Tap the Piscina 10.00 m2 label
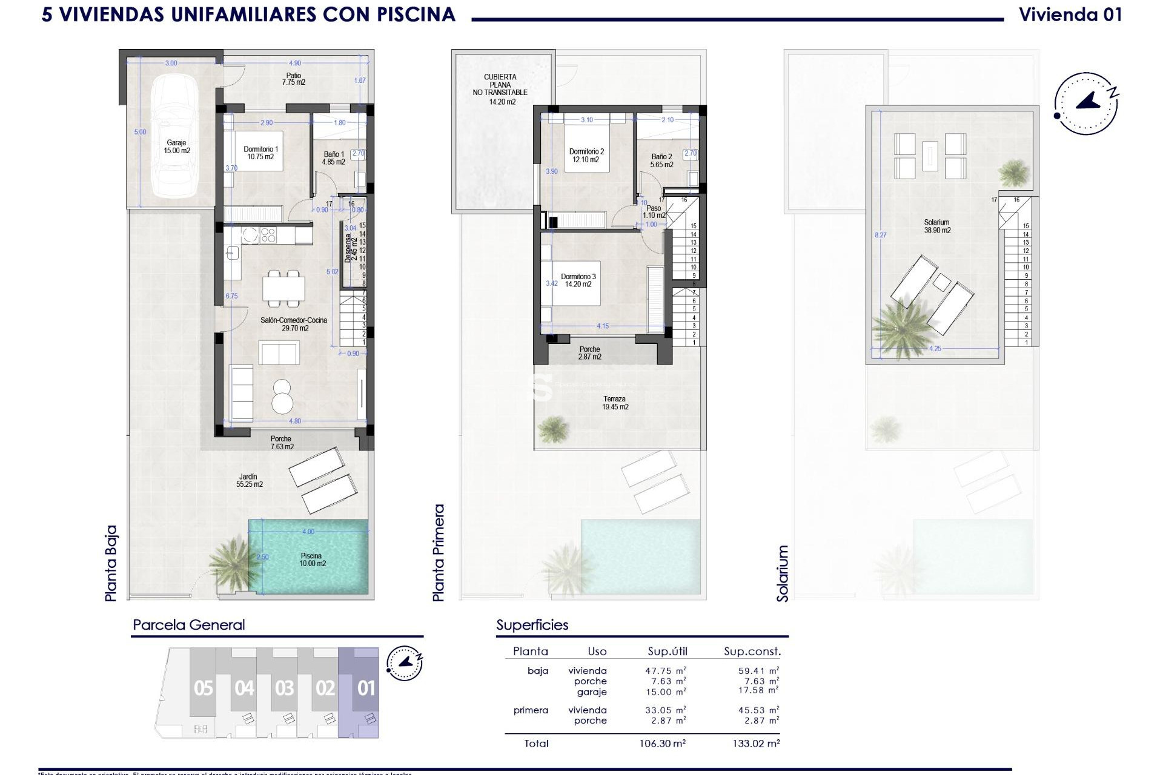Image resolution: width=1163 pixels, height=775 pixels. click(311, 559)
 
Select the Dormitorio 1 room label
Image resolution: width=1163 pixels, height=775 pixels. click(260, 153)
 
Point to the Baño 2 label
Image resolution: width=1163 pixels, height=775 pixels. click(661, 160)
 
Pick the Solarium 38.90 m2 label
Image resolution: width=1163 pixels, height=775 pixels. click(936, 226)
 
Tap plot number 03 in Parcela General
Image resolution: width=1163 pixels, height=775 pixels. click(284, 688)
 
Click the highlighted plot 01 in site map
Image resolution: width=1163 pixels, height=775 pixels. click(366, 688)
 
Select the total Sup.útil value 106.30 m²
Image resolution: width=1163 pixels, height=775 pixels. click(665, 744)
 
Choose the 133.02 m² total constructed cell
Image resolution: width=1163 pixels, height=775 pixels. click(756, 744)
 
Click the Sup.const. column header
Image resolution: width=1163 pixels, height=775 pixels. click(752, 651)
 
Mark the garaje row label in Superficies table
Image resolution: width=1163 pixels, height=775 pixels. click(591, 692)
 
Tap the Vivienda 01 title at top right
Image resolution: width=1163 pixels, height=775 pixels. click(1070, 15)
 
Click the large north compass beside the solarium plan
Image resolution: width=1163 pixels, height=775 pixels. click(1086, 103)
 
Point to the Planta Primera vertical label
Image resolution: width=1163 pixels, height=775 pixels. click(439, 553)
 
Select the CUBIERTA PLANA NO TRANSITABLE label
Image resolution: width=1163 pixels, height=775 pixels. click(500, 88)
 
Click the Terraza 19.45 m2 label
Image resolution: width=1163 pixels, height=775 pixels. click(615, 403)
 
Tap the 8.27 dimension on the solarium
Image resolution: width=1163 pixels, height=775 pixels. click(880, 235)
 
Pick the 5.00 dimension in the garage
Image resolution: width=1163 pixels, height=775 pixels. click(140, 132)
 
